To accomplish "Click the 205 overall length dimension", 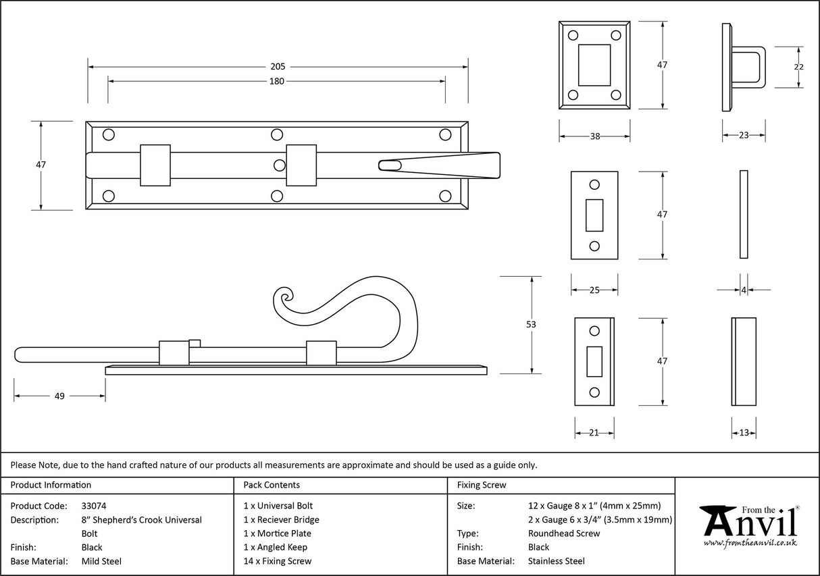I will (x=278, y=67).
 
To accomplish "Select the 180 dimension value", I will (x=277, y=82).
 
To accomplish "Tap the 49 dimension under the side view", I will (x=59, y=396).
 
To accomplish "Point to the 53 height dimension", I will (x=531, y=325).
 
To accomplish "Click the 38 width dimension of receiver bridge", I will (x=594, y=136).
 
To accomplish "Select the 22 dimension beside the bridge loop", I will (x=799, y=67).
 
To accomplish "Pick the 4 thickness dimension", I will (x=744, y=290).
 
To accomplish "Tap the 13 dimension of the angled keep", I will (x=744, y=433).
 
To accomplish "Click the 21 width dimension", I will (x=594, y=433).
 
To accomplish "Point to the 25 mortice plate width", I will (x=594, y=290).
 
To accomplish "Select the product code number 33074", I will (x=94, y=506).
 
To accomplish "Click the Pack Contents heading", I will (x=272, y=485).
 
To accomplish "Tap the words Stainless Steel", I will (x=557, y=561).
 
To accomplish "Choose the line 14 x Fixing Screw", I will (x=278, y=561).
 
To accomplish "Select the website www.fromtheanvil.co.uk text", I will (x=750, y=543).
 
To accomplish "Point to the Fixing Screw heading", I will (x=481, y=485).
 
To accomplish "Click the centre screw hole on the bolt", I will (x=280, y=165).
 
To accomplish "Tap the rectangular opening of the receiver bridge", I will (x=594, y=65).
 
